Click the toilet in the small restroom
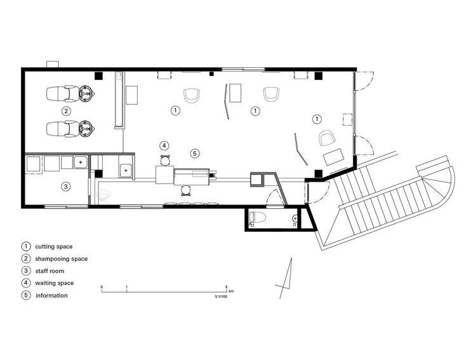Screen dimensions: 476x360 click(x=257, y=217)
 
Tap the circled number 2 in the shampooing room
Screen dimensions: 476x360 click(x=66, y=111)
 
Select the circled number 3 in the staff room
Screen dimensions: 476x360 click(x=66, y=186)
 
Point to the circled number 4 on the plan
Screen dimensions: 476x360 click(x=164, y=145)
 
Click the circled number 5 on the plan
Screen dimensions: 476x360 click(x=195, y=154)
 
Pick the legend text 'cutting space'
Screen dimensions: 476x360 click(x=54, y=247)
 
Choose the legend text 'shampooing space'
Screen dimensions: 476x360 click(x=62, y=259)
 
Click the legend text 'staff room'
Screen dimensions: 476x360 click(x=50, y=271)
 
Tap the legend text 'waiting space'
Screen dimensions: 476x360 click(x=55, y=283)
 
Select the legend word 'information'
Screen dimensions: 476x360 click(x=51, y=295)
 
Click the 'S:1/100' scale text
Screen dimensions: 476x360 click(x=221, y=297)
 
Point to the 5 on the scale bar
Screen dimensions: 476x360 click(x=226, y=286)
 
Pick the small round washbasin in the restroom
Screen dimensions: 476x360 click(x=294, y=218)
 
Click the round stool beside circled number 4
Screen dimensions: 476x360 click(x=164, y=160)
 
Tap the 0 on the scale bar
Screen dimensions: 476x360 click(x=102, y=286)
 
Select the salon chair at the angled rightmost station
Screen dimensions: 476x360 click(x=327, y=138)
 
